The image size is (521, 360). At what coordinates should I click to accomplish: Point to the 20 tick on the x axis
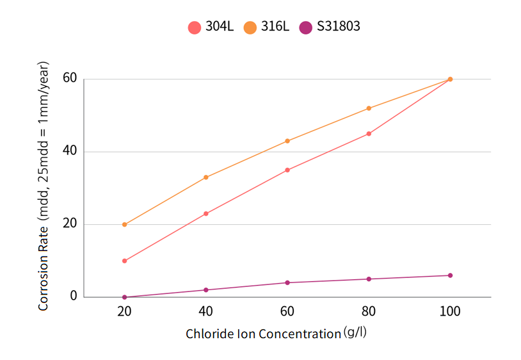[x=124, y=311]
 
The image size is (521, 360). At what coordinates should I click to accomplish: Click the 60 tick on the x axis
[x=287, y=311]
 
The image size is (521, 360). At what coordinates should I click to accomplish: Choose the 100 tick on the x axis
[x=450, y=311]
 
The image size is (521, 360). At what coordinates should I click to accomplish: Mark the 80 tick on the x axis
[x=369, y=311]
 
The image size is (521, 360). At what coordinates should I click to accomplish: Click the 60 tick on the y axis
[x=70, y=79]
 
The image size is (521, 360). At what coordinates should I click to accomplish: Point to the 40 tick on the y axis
[x=70, y=152]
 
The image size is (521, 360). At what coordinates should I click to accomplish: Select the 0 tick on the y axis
[x=74, y=296]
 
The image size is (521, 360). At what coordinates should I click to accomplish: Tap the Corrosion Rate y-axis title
[x=44, y=186]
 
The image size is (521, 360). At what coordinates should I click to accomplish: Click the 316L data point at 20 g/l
[x=124, y=225]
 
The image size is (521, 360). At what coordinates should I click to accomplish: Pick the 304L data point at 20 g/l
[x=124, y=261]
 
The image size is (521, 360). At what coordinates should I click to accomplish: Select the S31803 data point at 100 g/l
[x=450, y=275]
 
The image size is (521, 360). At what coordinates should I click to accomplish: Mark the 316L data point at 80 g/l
[x=369, y=108]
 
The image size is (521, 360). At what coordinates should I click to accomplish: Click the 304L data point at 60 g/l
[x=287, y=170]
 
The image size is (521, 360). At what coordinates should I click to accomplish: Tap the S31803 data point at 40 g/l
[x=205, y=290]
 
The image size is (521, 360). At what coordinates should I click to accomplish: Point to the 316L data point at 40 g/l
[x=205, y=177]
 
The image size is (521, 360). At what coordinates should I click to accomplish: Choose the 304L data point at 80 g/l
[x=369, y=134]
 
